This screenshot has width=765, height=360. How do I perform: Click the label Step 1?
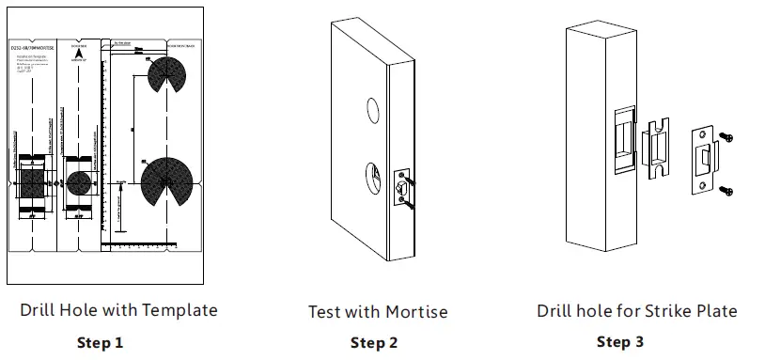point(100,342)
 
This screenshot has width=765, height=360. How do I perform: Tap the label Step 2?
point(374,343)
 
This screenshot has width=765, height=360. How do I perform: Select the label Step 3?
point(620,342)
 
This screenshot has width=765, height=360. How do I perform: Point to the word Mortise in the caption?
point(416,311)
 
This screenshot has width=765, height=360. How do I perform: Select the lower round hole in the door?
point(374,175)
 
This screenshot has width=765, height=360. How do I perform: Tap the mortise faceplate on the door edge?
point(402,186)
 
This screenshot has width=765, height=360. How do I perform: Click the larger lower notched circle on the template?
point(166,180)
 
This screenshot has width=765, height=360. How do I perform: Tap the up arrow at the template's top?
point(79,55)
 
